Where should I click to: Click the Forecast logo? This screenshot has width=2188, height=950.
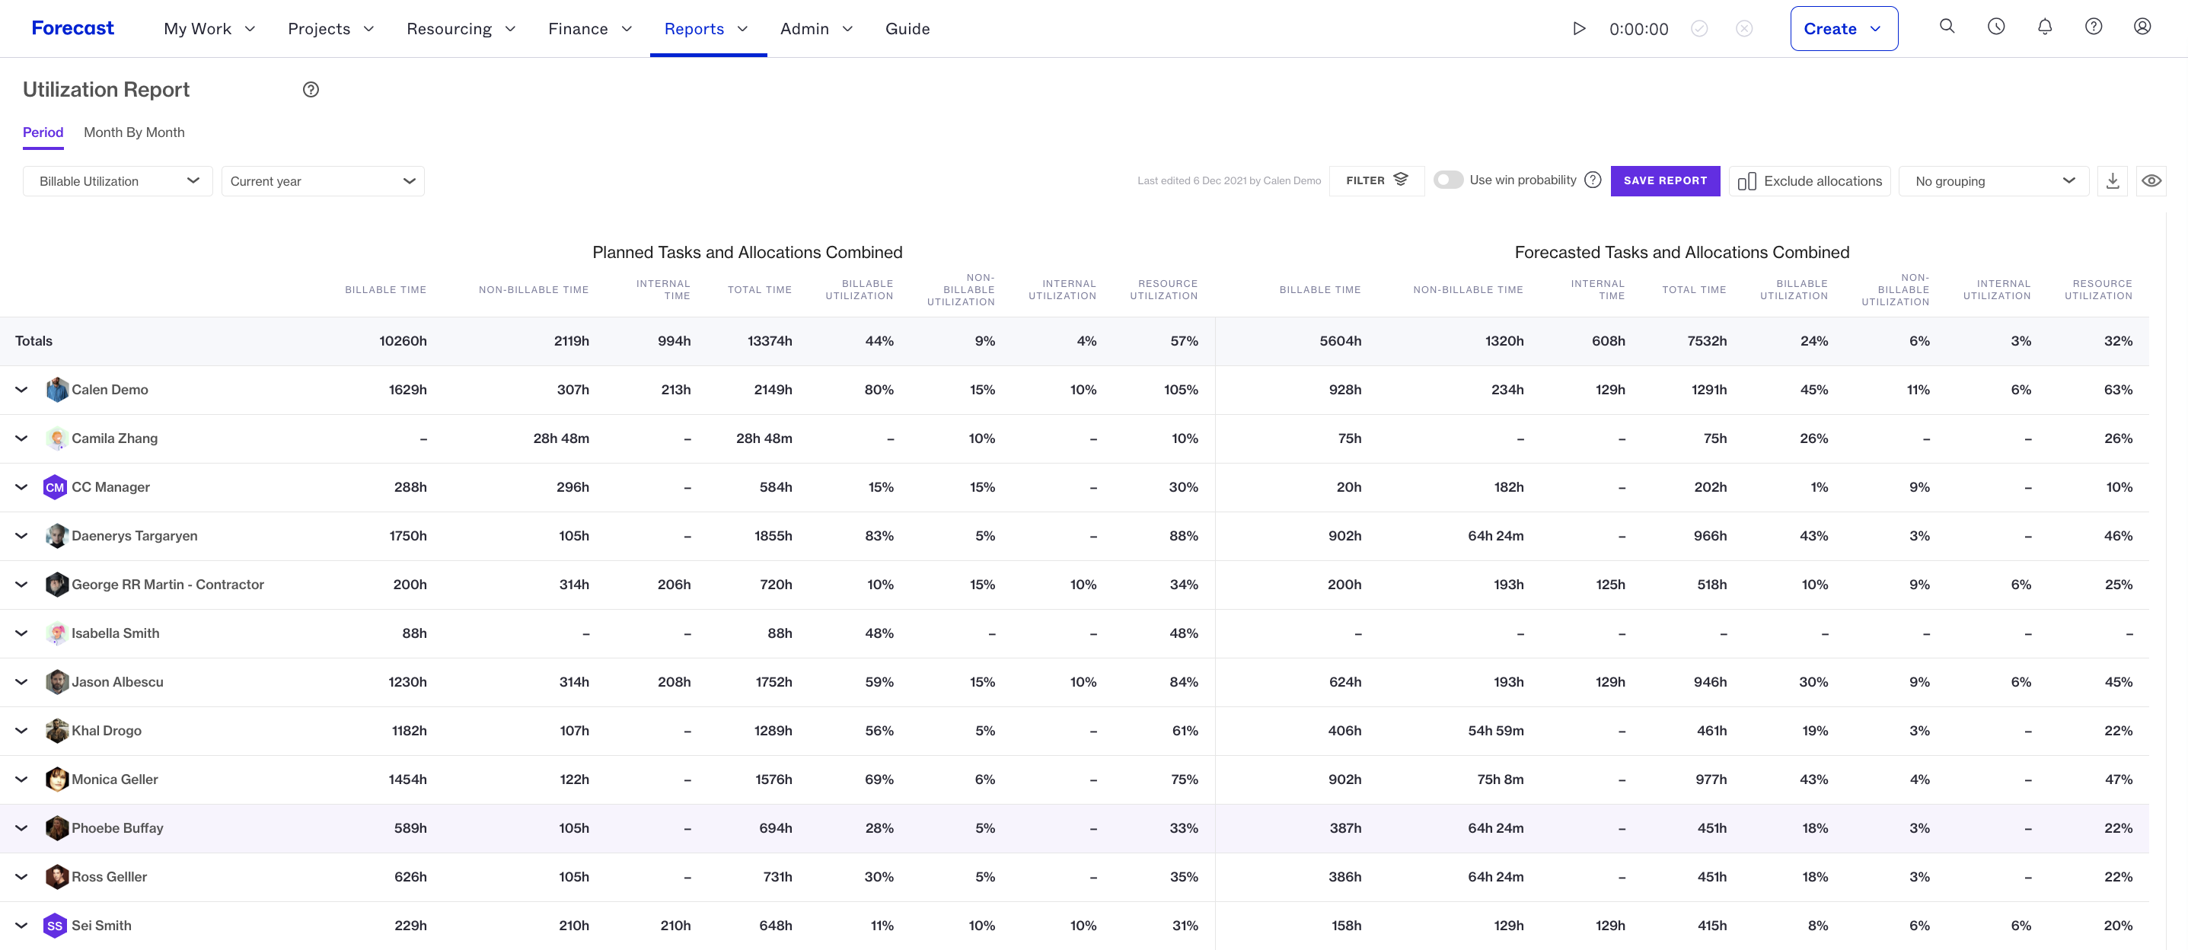pyautogui.click(x=72, y=28)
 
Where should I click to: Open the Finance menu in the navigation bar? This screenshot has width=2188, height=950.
pyautogui.click(x=590, y=29)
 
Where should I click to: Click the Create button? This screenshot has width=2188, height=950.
pyautogui.click(x=1843, y=29)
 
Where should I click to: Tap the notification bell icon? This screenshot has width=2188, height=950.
pyautogui.click(x=2044, y=27)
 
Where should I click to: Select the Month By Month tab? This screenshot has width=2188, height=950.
pyautogui.click(x=134, y=132)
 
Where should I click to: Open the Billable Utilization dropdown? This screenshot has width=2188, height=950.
pyautogui.click(x=118, y=181)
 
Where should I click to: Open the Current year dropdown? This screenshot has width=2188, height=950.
pyautogui.click(x=323, y=181)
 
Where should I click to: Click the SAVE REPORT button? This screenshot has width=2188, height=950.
pyautogui.click(x=1665, y=181)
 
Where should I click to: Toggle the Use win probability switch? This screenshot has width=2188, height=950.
pyautogui.click(x=1448, y=180)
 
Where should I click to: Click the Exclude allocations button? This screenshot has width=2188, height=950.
pyautogui.click(x=1809, y=181)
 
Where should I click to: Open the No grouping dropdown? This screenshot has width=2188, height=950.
pyautogui.click(x=1994, y=181)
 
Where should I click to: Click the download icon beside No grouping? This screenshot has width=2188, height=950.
pyautogui.click(x=2113, y=181)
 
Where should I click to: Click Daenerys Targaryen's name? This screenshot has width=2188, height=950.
pyautogui.click(x=134, y=536)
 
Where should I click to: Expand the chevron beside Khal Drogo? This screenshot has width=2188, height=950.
pyautogui.click(x=22, y=730)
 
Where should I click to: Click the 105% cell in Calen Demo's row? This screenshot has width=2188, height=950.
pyautogui.click(x=1181, y=390)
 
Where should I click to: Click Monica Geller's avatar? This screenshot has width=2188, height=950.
pyautogui.click(x=56, y=779)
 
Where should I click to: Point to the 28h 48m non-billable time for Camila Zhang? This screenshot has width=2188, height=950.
pyautogui.click(x=560, y=438)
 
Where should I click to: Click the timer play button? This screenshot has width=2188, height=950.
pyautogui.click(x=1579, y=28)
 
